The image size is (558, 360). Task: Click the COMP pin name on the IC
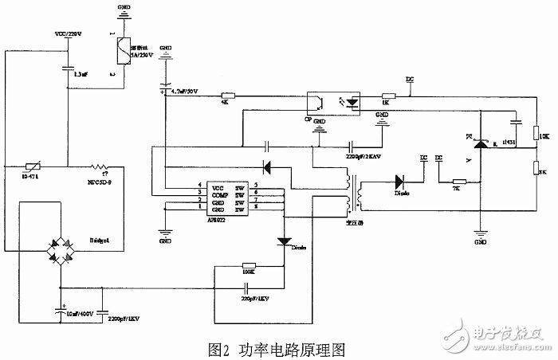tap(218, 193)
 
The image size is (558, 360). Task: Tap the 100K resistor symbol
tap(248, 266)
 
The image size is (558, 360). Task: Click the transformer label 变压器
tap(350, 221)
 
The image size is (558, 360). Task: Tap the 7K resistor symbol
tap(458, 182)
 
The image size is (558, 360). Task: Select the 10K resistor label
tap(544, 138)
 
